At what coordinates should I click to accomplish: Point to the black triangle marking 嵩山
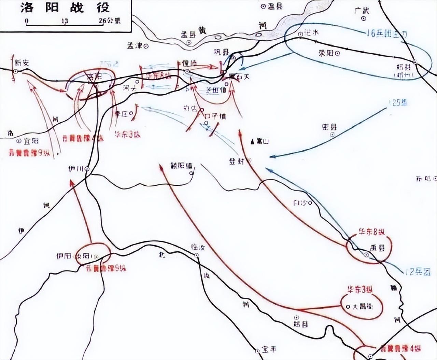(x=252, y=141)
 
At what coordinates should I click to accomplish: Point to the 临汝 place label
(x=198, y=248)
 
